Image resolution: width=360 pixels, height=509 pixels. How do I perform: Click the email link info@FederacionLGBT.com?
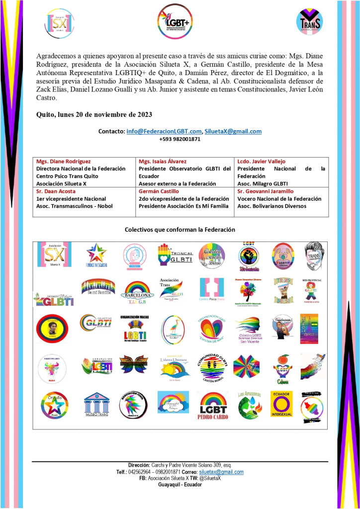(164, 131)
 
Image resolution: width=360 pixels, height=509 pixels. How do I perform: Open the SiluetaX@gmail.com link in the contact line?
(233, 131)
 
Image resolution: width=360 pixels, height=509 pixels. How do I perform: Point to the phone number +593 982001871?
(180, 139)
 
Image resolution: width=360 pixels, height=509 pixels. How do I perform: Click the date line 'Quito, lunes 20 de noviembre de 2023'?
(94, 114)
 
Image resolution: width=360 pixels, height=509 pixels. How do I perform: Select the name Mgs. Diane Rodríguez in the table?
(64, 162)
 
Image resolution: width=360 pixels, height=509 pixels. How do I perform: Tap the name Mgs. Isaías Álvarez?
(165, 162)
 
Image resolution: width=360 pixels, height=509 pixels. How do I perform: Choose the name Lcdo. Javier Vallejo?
(262, 162)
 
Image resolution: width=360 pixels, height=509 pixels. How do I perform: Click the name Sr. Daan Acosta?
(55, 191)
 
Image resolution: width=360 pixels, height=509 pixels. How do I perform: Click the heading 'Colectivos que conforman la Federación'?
(180, 230)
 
